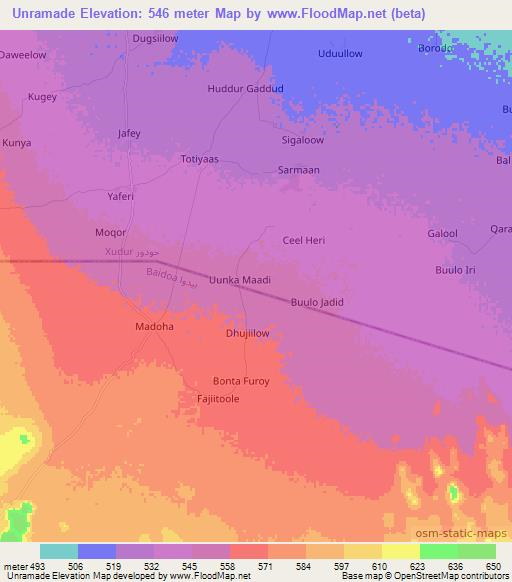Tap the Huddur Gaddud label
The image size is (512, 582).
245,89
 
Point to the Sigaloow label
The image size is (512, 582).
302,142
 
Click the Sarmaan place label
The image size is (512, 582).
298,170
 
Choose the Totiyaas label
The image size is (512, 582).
199,159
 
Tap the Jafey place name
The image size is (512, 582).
129,133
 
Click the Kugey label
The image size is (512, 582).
43,97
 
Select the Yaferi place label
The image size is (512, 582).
120,197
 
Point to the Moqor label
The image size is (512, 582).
110,232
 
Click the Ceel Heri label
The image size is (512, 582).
304,241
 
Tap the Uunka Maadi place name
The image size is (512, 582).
240,281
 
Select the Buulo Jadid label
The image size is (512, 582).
317,302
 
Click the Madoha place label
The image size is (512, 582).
154,327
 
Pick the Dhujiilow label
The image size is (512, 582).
248,335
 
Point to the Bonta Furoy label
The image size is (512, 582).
242,381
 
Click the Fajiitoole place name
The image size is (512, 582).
217,398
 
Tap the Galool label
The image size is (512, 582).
442,234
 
